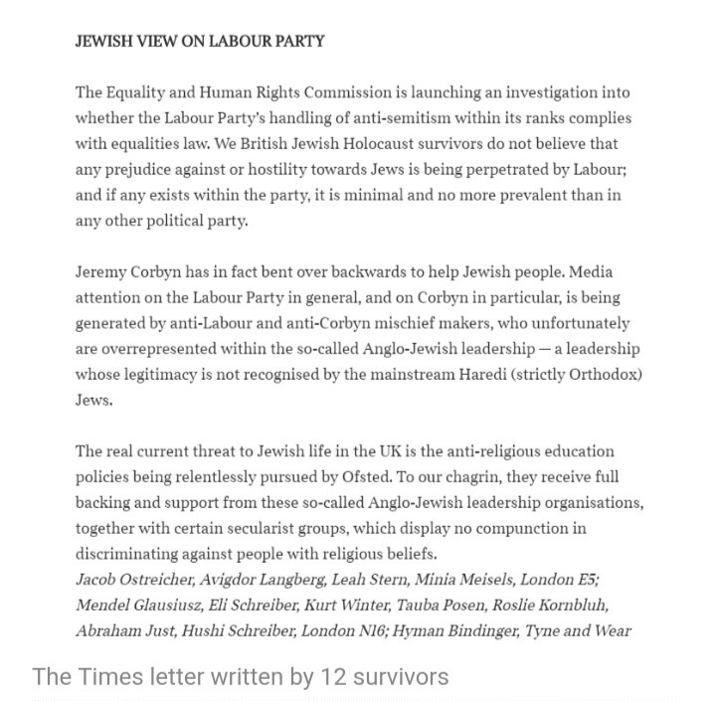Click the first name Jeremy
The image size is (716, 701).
point(102,272)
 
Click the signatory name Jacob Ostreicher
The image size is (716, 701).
point(132,580)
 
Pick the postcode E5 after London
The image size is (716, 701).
point(586,580)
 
